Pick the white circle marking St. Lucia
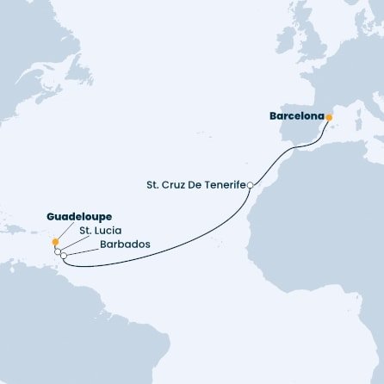(59, 251)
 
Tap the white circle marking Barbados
(64, 256)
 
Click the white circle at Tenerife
(250, 186)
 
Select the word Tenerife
(225, 185)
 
